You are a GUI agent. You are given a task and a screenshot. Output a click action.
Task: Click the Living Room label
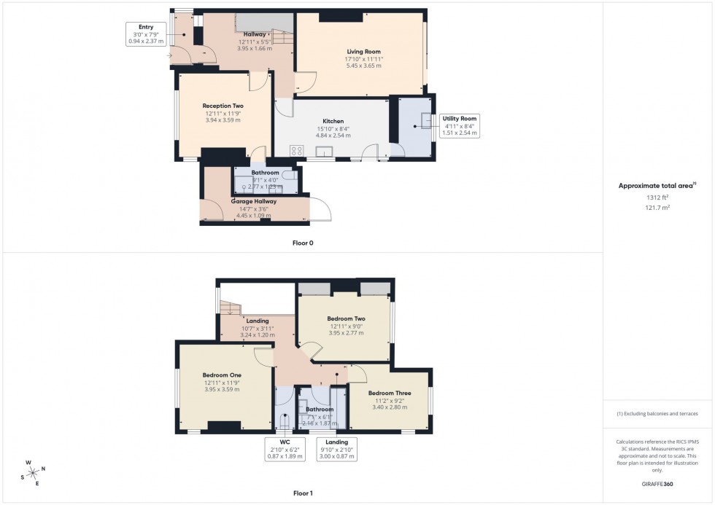point(363,50)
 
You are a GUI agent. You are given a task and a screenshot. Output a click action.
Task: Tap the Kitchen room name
point(333,121)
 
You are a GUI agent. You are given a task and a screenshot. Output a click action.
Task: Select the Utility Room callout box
point(459,125)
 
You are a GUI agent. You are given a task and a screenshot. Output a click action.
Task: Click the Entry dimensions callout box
point(146,35)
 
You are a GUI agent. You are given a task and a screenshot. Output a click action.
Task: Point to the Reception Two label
point(223,106)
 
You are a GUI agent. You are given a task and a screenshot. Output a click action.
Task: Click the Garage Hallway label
point(253,200)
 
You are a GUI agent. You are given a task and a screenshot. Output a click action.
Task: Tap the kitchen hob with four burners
point(297,151)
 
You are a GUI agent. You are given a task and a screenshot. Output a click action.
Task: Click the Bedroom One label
point(223,375)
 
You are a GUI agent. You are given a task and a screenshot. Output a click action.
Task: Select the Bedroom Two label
point(346,318)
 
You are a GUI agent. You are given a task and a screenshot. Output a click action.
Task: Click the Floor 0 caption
point(303,243)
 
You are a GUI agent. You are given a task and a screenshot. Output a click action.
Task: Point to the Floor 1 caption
point(303,493)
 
